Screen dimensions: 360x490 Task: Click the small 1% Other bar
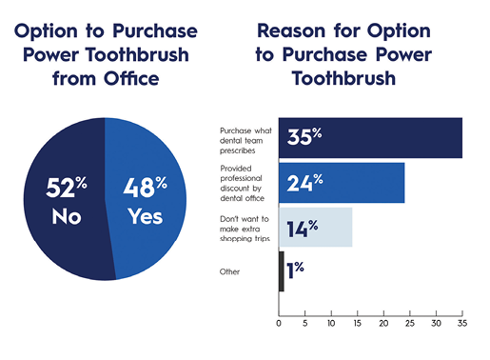click(x=281, y=271)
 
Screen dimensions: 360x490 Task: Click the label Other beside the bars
click(x=231, y=271)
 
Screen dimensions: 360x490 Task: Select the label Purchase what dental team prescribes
click(x=245, y=138)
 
